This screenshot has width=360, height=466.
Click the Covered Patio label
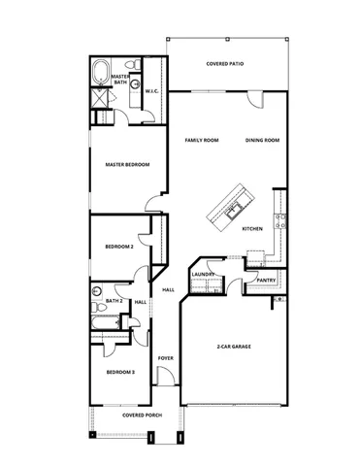tap(226, 63)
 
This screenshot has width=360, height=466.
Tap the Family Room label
tap(202, 141)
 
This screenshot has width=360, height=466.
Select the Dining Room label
tap(262, 141)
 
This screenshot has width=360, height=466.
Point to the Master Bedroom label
tap(127, 165)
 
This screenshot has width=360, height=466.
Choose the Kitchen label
tap(252, 229)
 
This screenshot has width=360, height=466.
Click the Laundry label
tap(203, 274)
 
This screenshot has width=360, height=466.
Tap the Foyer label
tap(166, 358)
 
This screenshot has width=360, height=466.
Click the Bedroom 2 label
tap(118, 248)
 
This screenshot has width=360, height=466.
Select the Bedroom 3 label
tap(120, 373)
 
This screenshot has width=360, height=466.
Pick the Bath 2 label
tap(114, 301)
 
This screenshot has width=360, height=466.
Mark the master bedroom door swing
tap(153, 202)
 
